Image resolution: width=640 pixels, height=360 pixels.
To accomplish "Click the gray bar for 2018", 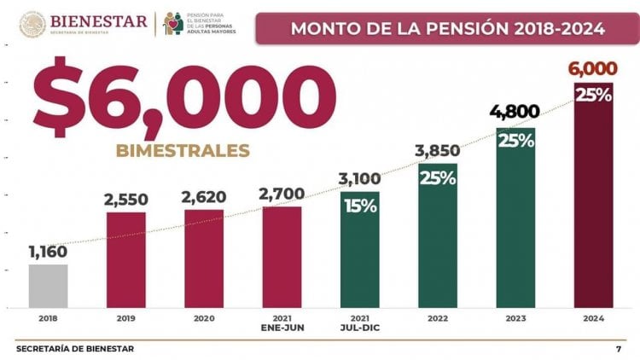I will [x=48, y=286].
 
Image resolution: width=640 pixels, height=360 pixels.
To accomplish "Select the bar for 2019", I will [x=126, y=259].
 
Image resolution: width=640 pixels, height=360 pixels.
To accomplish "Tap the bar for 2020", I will [x=203, y=258].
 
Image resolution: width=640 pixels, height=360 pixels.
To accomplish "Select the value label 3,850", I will [x=438, y=151].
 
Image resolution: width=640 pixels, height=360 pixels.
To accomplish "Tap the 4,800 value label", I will [x=515, y=113].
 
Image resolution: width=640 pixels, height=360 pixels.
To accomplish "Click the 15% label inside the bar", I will [x=359, y=206].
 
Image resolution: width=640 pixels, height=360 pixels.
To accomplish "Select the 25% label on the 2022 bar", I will [x=438, y=179].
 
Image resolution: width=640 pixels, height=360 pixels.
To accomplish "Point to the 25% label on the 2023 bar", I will [x=515, y=141].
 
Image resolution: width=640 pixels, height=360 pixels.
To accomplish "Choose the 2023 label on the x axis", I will [x=515, y=317].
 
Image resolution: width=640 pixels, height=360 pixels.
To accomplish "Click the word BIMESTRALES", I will [x=183, y=151].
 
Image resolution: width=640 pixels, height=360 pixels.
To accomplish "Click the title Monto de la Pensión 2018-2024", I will [x=448, y=28].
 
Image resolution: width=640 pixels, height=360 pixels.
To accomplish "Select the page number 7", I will [x=618, y=348].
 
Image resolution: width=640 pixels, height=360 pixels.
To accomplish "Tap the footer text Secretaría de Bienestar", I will [x=75, y=348].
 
